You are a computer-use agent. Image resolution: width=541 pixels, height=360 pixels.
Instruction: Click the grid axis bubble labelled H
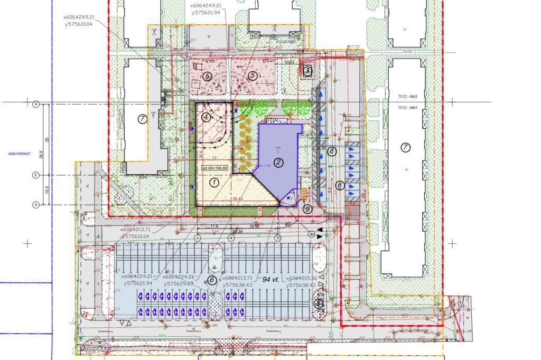[x=36, y=104]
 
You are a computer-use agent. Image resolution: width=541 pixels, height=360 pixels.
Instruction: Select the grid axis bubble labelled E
[x=36, y=175]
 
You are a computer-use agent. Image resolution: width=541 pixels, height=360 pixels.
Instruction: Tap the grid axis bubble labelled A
[x=36, y=204]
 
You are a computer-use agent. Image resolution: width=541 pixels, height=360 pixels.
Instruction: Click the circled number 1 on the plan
[x=214, y=183]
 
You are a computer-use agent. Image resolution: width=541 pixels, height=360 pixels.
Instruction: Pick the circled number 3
[x=307, y=70]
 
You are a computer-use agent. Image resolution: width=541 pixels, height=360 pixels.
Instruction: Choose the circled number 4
[x=206, y=117]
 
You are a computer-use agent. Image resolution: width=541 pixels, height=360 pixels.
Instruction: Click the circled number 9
[x=308, y=209]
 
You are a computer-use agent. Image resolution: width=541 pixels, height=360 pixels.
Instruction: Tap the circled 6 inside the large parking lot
[x=212, y=280]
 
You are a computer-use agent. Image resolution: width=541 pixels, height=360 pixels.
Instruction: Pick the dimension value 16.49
[x=254, y=226]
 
